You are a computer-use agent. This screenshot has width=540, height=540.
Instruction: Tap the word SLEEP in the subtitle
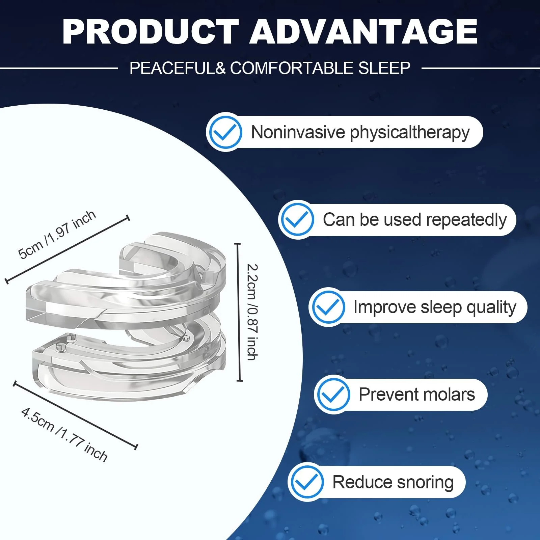pyautogui.click(x=384, y=68)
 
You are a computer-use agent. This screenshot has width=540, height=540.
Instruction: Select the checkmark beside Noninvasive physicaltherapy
pyautogui.click(x=225, y=132)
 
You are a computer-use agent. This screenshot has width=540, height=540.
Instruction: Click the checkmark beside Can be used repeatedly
pyautogui.click(x=297, y=220)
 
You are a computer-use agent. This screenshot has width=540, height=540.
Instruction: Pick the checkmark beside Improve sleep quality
pyautogui.click(x=328, y=307)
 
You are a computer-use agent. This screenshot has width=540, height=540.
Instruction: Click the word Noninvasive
pyautogui.click(x=298, y=132)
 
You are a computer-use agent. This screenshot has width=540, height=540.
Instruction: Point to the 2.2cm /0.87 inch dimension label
pyautogui.click(x=252, y=312)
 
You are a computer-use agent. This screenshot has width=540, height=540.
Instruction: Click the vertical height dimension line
pyautogui.click(x=239, y=312)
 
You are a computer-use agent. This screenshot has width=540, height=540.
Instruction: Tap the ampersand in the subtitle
pyautogui.click(x=220, y=68)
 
